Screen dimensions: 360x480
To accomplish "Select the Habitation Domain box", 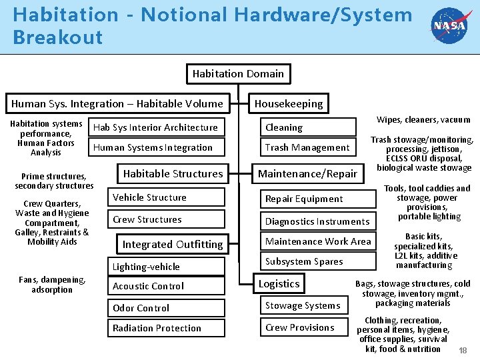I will [238, 73].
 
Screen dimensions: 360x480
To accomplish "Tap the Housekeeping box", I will [288, 103].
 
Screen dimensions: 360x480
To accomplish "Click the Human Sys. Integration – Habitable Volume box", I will [117, 103].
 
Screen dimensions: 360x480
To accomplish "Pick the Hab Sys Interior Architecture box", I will [155, 127].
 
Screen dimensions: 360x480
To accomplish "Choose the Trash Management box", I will [307, 147].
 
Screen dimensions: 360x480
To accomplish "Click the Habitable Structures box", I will [173, 173].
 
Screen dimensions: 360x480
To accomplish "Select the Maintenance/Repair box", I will [307, 174].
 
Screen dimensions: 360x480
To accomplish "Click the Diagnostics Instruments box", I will [317, 221].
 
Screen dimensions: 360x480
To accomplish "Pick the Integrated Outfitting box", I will [172, 245].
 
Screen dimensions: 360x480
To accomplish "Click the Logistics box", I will [279, 283].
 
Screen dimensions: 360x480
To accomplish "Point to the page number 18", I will [463, 350].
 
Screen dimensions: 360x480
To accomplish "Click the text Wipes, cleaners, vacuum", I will [423, 120].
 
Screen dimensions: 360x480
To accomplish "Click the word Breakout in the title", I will [57, 37].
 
